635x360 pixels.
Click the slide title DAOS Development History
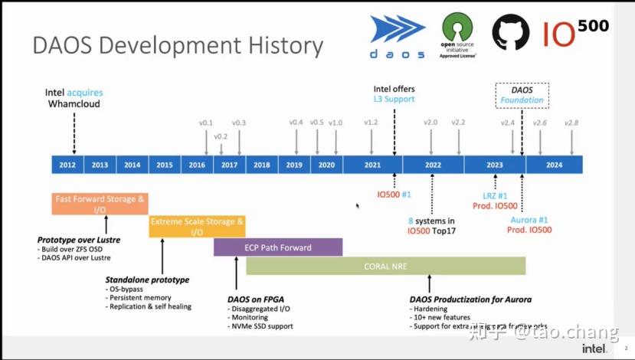click(177, 45)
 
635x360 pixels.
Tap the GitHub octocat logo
click(510, 34)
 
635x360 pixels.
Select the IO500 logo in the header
click(575, 33)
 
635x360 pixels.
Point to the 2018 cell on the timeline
click(261, 165)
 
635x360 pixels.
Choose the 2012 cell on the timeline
click(67, 165)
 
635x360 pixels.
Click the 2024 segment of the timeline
click(554, 165)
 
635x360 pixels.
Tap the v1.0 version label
click(336, 123)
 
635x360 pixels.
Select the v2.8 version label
click(572, 123)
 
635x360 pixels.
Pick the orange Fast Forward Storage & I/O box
click(100, 204)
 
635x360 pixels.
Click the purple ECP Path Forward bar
click(278, 247)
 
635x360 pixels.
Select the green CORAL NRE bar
click(385, 266)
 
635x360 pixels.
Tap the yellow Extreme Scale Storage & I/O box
click(197, 226)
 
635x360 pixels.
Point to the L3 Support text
click(394, 99)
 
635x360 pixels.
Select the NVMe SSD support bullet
click(261, 326)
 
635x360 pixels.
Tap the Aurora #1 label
click(529, 220)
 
